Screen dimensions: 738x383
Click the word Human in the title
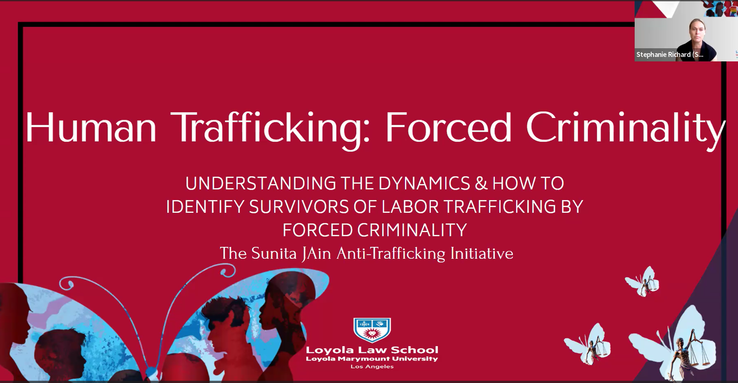(91, 128)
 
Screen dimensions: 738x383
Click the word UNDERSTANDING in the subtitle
(261, 184)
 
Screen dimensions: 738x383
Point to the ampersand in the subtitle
(481, 184)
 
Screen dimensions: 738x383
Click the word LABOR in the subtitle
(411, 207)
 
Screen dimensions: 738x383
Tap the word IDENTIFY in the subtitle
(205, 207)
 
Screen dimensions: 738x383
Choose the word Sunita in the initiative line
(274, 253)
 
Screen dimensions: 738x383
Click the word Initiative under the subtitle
(481, 253)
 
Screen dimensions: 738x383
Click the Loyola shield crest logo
(372, 330)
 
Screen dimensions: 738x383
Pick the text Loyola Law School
(372, 350)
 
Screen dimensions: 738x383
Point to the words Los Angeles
(372, 366)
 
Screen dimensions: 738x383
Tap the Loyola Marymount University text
(372, 359)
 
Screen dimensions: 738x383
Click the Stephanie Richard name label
(670, 55)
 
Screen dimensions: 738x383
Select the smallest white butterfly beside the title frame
(642, 282)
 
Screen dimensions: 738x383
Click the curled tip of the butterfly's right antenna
(228, 270)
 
